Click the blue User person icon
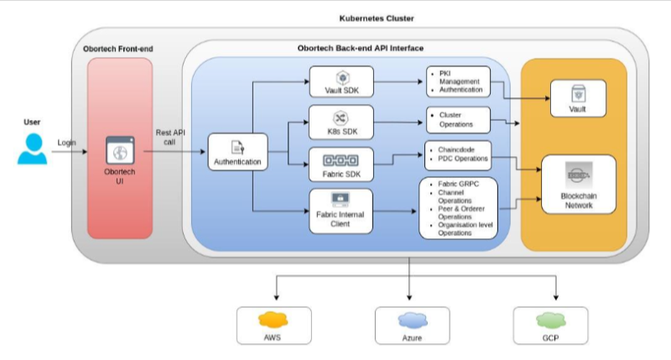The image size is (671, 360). [x=32, y=149]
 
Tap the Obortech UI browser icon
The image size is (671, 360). [x=120, y=150]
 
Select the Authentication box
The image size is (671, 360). [x=238, y=152]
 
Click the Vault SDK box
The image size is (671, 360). [x=341, y=81]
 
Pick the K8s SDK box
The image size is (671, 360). [x=341, y=123]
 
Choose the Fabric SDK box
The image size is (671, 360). [x=341, y=164]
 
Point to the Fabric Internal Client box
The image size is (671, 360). [x=341, y=211]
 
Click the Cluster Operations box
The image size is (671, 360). [x=458, y=120]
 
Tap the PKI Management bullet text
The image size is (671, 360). [x=459, y=77]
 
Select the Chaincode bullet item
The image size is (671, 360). [x=456, y=150]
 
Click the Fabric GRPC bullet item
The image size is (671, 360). [x=458, y=184]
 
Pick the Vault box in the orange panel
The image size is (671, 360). [x=578, y=98]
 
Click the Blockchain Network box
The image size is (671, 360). [x=579, y=185]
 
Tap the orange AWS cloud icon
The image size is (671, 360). [x=273, y=320]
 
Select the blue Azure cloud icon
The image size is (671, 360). [x=413, y=321]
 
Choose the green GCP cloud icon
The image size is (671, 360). [x=551, y=321]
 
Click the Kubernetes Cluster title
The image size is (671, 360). [x=377, y=18]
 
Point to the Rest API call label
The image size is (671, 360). [x=170, y=138]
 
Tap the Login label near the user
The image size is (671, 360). [x=67, y=143]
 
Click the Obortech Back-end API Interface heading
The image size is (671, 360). [x=361, y=49]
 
